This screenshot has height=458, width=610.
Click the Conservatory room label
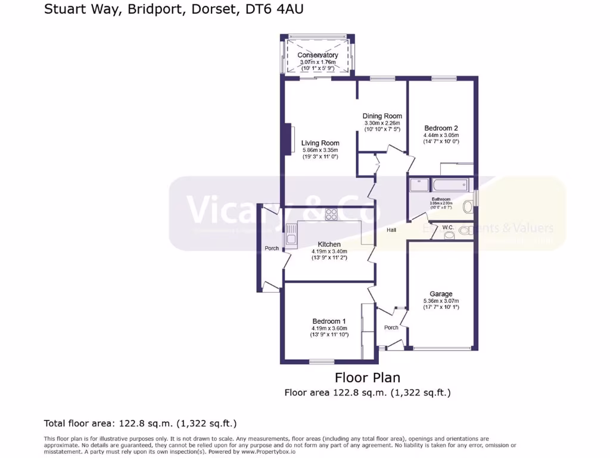(x=318, y=55)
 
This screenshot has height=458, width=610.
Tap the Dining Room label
(x=382, y=116)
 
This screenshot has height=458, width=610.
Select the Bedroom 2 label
(x=441, y=128)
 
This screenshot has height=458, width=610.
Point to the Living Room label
(x=320, y=143)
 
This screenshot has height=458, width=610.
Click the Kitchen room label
(x=329, y=245)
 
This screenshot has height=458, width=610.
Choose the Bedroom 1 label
(x=329, y=321)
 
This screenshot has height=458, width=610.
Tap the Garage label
(x=441, y=294)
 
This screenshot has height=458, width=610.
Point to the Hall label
(x=391, y=230)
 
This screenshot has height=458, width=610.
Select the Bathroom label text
(x=441, y=199)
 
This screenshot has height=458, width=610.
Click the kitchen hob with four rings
(x=331, y=215)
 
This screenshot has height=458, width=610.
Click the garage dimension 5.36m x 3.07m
(x=441, y=301)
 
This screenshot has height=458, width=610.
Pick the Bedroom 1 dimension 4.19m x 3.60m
(x=329, y=328)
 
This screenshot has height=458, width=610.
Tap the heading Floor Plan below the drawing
(x=367, y=377)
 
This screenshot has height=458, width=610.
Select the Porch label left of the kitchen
(x=271, y=248)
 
